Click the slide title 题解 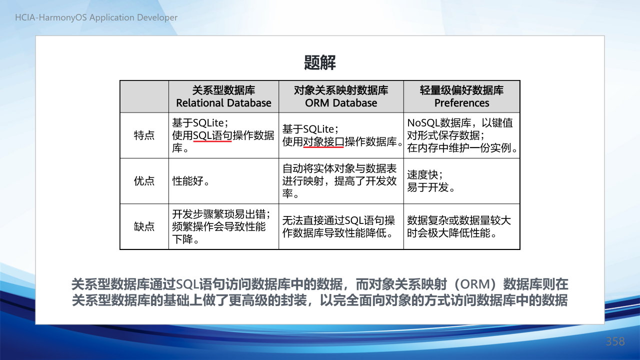(x=319, y=62)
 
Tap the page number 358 (x=615, y=341)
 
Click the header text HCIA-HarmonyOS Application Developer (x=96, y=17)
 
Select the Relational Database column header (x=223, y=96)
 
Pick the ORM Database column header (x=341, y=96)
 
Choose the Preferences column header (x=461, y=96)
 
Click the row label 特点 (x=144, y=135)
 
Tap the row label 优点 (x=144, y=181)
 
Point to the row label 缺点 (x=144, y=226)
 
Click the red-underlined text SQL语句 (x=212, y=135)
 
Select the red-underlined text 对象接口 (x=323, y=141)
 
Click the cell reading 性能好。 (x=223, y=181)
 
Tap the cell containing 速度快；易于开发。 (x=461, y=181)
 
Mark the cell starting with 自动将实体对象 (x=341, y=181)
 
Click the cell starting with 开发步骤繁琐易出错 (x=223, y=226)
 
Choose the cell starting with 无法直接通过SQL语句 (x=341, y=226)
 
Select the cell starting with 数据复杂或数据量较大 (x=461, y=226)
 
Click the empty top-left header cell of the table (x=144, y=96)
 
